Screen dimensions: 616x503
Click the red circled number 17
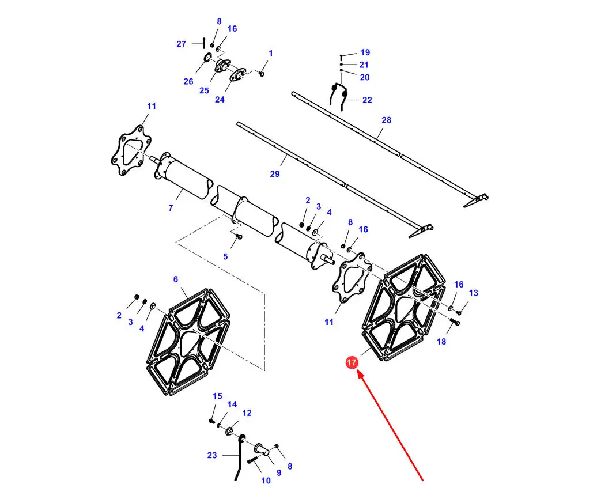[352, 363]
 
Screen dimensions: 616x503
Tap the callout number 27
[181, 44]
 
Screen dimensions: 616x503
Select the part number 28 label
[386, 120]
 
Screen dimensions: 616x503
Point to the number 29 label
[275, 173]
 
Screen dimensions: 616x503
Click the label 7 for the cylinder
[171, 208]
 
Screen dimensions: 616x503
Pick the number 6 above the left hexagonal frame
[176, 279]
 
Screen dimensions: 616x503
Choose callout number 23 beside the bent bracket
[212, 455]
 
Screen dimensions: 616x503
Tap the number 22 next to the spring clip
[367, 100]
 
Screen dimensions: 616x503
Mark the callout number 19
[365, 52]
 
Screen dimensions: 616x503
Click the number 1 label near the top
[271, 54]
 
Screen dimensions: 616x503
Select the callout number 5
[225, 256]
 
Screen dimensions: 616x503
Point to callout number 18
[441, 342]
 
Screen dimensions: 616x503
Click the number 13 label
[473, 293]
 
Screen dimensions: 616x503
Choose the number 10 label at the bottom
[266, 481]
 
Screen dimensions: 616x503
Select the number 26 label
[188, 81]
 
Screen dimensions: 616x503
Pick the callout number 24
[220, 99]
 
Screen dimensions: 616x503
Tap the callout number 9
[278, 473]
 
